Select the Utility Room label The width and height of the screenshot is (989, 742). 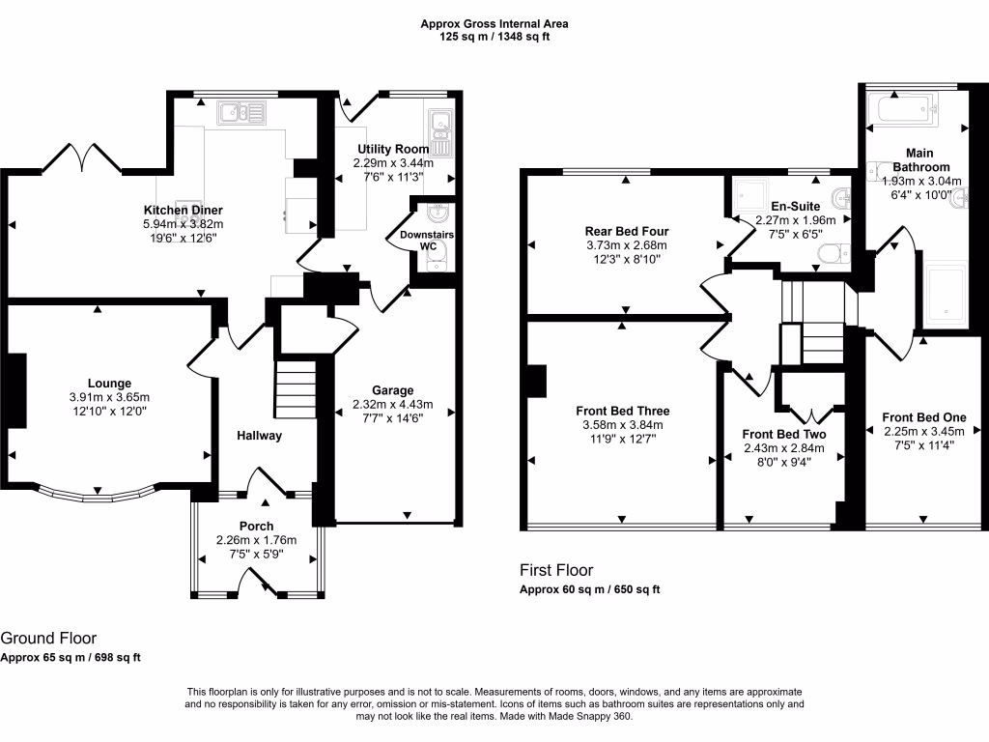coord(392,149)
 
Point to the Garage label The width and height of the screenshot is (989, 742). coord(392,390)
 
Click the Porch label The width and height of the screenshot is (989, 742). coord(257,527)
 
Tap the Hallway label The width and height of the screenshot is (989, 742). coord(260,436)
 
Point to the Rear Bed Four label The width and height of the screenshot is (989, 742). coord(627,231)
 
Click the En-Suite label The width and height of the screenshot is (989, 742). coord(794,206)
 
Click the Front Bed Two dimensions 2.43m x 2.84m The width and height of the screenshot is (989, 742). coord(783,447)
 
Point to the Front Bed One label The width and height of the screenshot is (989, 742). coord(923,417)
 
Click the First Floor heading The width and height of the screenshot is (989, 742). coord(556,570)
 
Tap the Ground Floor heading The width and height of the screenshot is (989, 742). coord(47,638)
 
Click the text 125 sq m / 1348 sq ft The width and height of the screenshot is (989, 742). coord(494,36)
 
